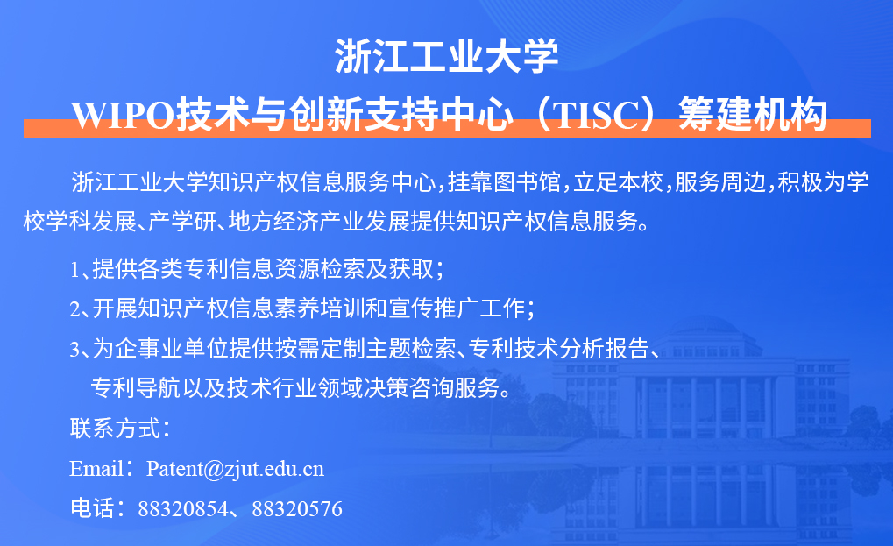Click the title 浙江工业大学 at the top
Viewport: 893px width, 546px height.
click(x=447, y=56)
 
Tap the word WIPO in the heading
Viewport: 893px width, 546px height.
click(x=123, y=115)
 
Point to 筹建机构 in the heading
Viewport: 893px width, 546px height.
click(x=753, y=115)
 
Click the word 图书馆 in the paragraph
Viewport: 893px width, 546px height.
click(x=527, y=182)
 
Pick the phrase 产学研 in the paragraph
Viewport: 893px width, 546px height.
click(x=182, y=222)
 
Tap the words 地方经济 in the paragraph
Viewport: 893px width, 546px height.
click(x=273, y=222)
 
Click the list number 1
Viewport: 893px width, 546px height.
click(x=75, y=270)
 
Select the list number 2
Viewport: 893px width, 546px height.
click(x=75, y=309)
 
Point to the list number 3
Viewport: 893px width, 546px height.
click(x=75, y=349)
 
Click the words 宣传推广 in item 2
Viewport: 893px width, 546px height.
click(x=434, y=308)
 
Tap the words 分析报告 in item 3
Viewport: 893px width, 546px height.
click(x=605, y=349)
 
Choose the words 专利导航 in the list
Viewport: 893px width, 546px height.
click(x=136, y=387)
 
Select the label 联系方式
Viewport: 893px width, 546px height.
click(x=115, y=429)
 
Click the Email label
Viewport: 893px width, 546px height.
click(x=96, y=469)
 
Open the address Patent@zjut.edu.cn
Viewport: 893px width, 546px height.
click(x=235, y=469)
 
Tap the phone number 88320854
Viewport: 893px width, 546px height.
click(x=183, y=509)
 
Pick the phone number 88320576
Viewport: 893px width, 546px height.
click(x=297, y=509)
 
